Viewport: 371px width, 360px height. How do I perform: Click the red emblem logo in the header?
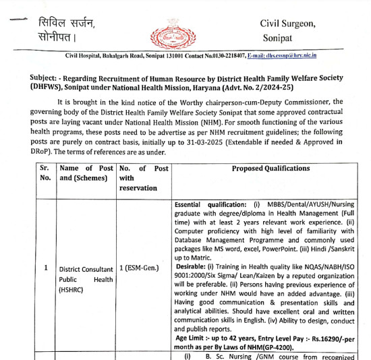(x=167, y=30)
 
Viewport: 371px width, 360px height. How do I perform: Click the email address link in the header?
(x=283, y=55)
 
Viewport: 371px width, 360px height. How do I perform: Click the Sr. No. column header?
(x=45, y=173)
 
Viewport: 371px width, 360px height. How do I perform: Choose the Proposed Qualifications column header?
(x=266, y=168)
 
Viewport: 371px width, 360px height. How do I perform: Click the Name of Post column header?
(x=86, y=173)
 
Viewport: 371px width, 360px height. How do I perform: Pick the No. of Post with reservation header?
(x=143, y=178)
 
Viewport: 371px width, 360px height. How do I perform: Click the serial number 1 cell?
(x=45, y=268)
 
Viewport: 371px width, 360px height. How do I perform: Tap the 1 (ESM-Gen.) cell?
(x=139, y=268)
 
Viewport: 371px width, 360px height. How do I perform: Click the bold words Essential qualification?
(x=210, y=204)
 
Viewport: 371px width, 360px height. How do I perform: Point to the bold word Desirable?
(x=194, y=266)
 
